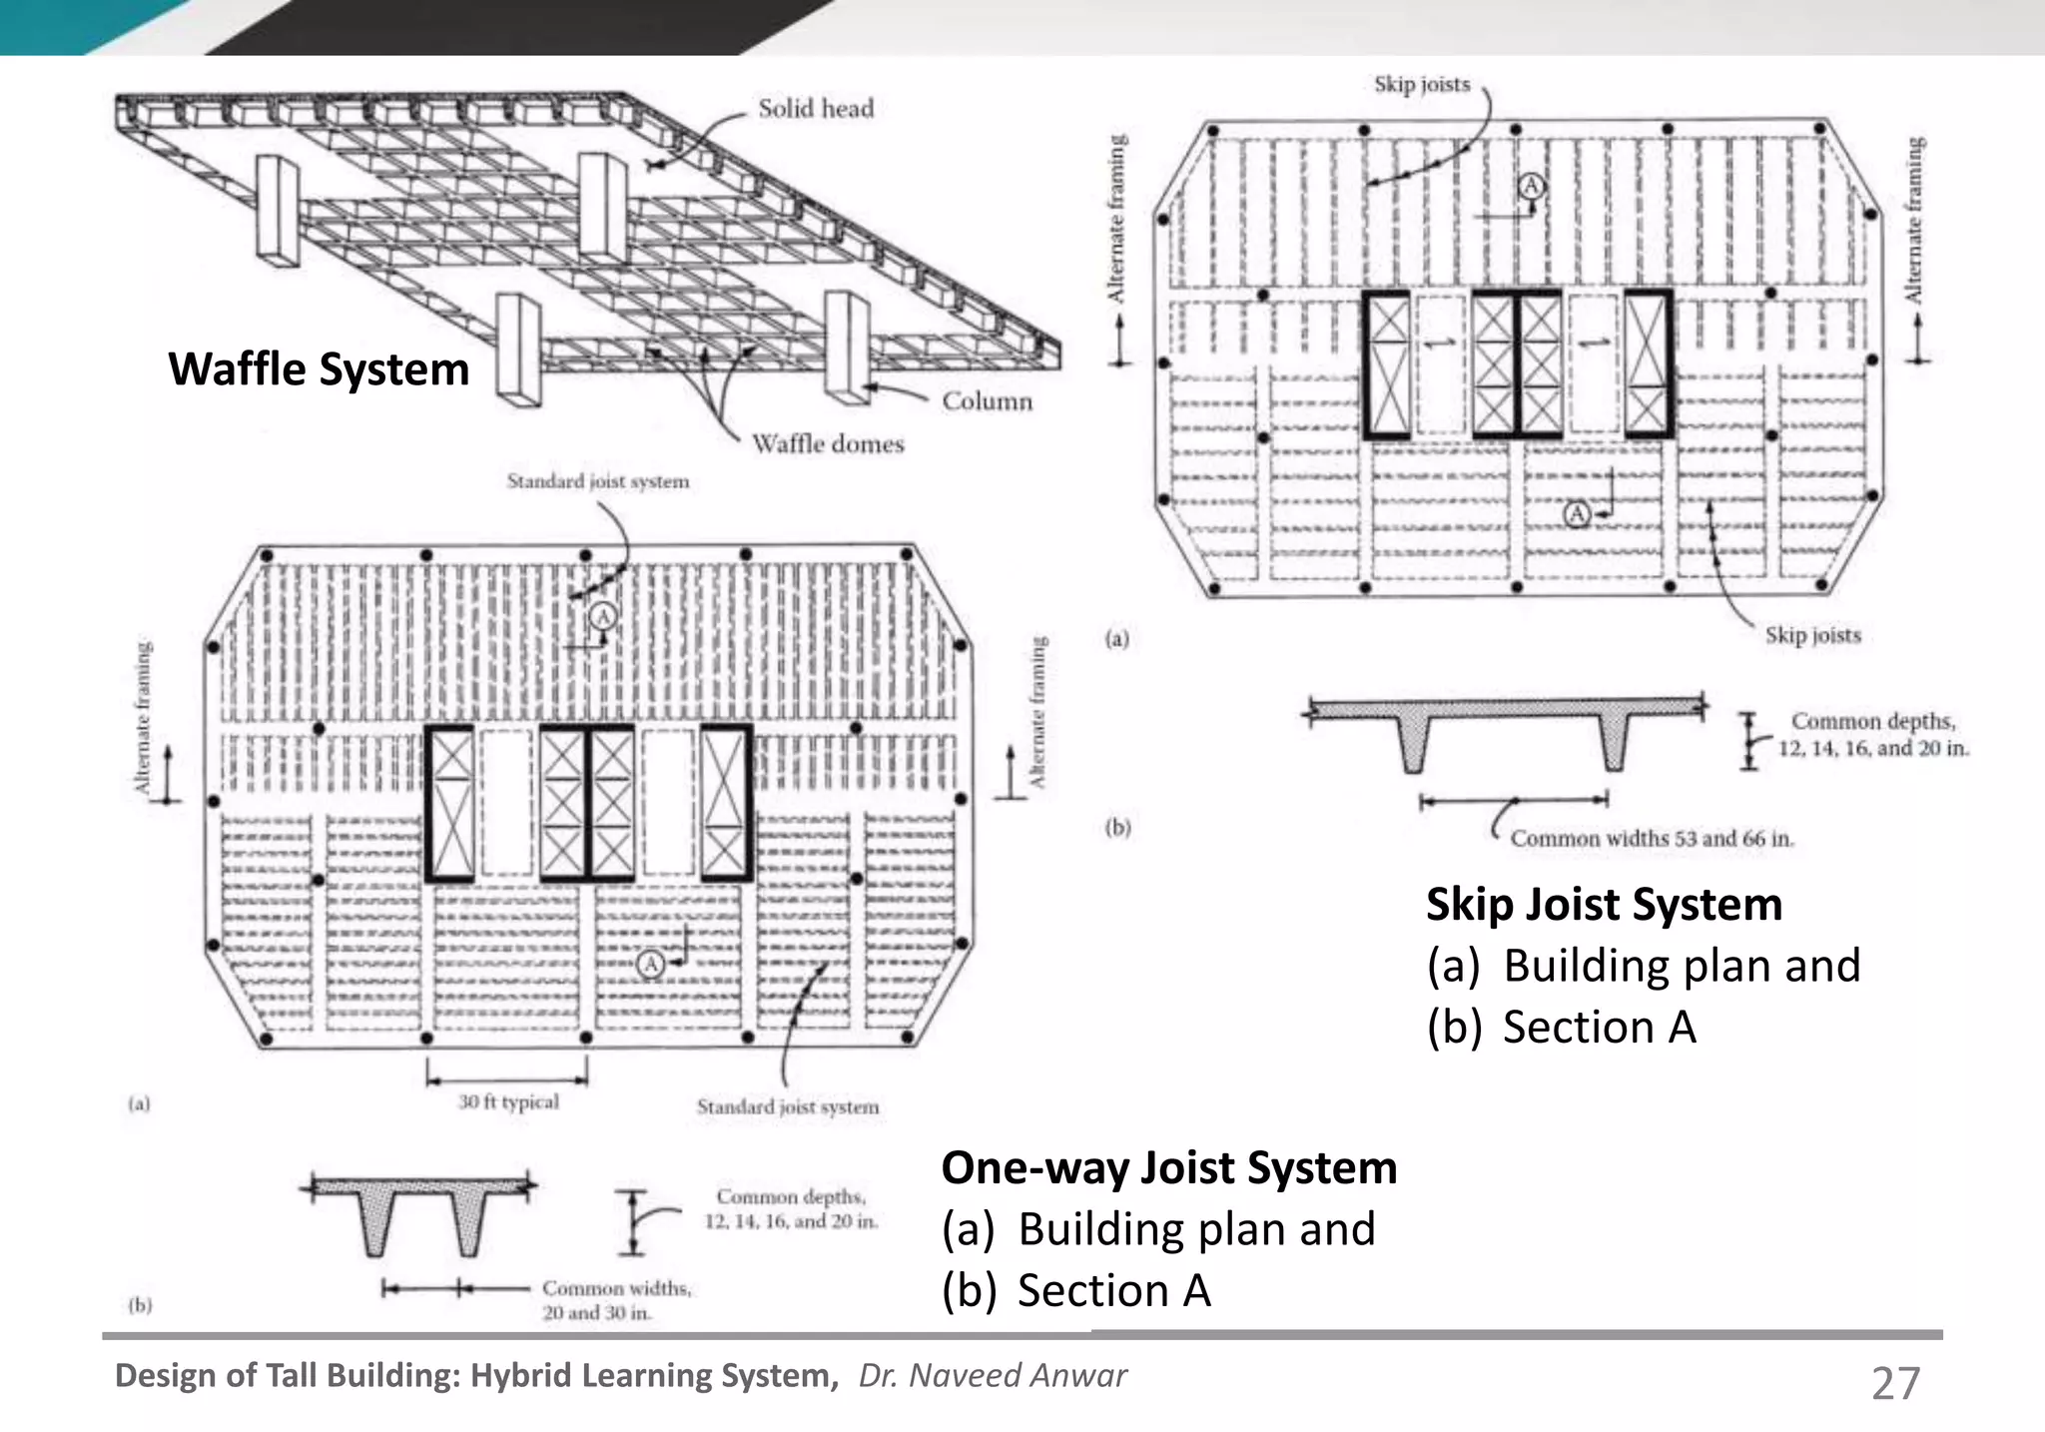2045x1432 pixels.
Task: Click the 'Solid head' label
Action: tap(815, 108)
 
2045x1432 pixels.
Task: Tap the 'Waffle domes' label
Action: tap(828, 443)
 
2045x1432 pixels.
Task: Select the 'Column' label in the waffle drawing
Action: tap(987, 400)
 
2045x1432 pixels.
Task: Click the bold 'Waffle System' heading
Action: tap(319, 368)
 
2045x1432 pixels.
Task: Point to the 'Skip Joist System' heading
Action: tap(1604, 904)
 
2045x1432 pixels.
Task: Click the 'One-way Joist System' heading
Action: tap(1168, 1167)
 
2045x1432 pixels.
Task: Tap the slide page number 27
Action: tap(1894, 1384)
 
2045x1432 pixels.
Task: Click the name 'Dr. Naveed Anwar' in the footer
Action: tap(993, 1376)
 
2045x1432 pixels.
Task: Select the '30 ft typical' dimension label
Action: tap(508, 1101)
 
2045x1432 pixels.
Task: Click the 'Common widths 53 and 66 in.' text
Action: tap(1652, 839)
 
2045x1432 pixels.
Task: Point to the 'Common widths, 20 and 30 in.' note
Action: tap(616, 1300)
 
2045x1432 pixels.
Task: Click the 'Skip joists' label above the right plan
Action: tap(1422, 85)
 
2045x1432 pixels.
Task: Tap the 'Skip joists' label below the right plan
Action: tap(1812, 635)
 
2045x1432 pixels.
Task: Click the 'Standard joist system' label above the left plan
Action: tap(597, 481)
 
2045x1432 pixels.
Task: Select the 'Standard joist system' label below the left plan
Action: tap(788, 1106)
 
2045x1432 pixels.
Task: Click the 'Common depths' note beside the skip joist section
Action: tap(1872, 734)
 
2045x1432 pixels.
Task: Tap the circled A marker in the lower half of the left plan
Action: tap(650, 964)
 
